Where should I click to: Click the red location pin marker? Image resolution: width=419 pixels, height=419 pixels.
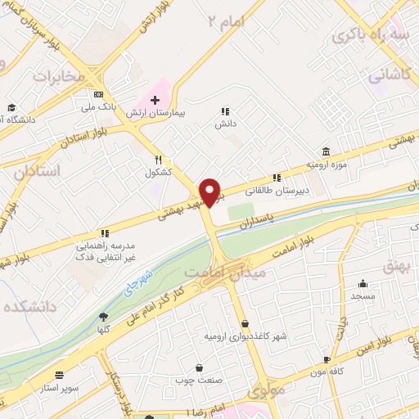(210, 193)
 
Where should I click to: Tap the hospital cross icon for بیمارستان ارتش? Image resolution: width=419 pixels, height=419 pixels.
(155, 100)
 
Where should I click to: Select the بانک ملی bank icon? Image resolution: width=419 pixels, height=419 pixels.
(99, 92)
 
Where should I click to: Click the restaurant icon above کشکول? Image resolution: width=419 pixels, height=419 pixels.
(159, 160)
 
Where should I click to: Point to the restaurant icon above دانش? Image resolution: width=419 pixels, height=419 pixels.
(225, 112)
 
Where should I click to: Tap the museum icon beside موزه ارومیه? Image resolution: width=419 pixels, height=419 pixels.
(326, 152)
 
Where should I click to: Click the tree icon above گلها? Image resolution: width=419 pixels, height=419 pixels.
(103, 317)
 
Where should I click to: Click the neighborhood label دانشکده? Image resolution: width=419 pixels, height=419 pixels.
(29, 309)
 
